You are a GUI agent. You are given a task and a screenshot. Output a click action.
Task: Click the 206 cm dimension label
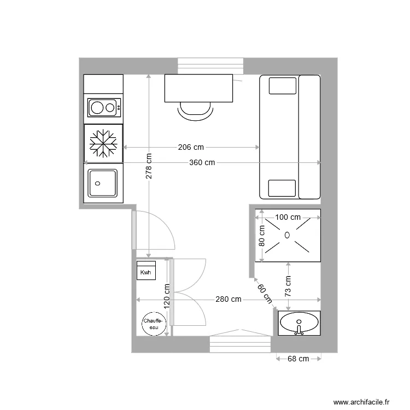coord(191,147)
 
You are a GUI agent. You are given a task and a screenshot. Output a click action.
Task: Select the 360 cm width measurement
coord(202,162)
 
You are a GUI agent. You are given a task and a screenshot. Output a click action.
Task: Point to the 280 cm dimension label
coord(228,299)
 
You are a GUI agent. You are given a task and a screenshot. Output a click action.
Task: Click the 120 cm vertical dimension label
coord(167,296)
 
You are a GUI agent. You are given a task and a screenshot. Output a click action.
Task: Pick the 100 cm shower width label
coord(288,217)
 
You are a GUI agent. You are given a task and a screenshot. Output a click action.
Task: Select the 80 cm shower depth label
coord(262,236)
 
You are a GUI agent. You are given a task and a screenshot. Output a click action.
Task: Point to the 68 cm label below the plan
coord(298,359)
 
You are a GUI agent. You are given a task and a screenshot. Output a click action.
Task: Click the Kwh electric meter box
coord(146,271)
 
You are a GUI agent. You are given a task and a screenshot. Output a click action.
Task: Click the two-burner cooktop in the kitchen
coord(104,107)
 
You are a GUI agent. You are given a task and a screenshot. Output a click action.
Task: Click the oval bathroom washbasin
coord(299,324)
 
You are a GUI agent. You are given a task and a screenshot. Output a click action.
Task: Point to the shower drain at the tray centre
coord(288,236)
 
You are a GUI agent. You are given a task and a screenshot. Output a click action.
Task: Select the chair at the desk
coord(196,110)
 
